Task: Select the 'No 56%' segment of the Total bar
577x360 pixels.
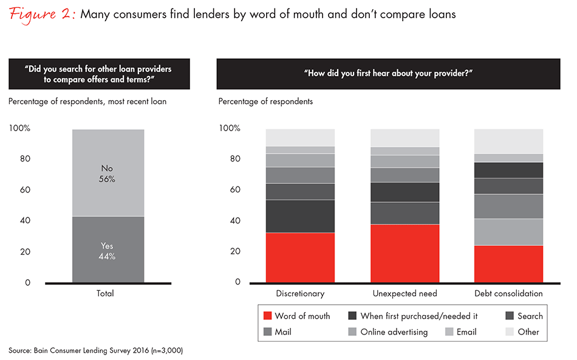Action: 108,173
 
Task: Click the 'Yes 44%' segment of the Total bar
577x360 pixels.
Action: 108,250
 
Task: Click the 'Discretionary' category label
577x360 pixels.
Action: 300,293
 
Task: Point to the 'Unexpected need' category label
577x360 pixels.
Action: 405,293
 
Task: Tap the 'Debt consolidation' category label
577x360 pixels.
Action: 508,293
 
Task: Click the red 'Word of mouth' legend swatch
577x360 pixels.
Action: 267,316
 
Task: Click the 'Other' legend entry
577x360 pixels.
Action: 522,331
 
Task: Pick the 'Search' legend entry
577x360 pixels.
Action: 524,316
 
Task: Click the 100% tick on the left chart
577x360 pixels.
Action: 20,128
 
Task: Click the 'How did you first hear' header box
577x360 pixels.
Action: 388,73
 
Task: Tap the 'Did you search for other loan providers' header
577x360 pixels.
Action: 98,73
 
